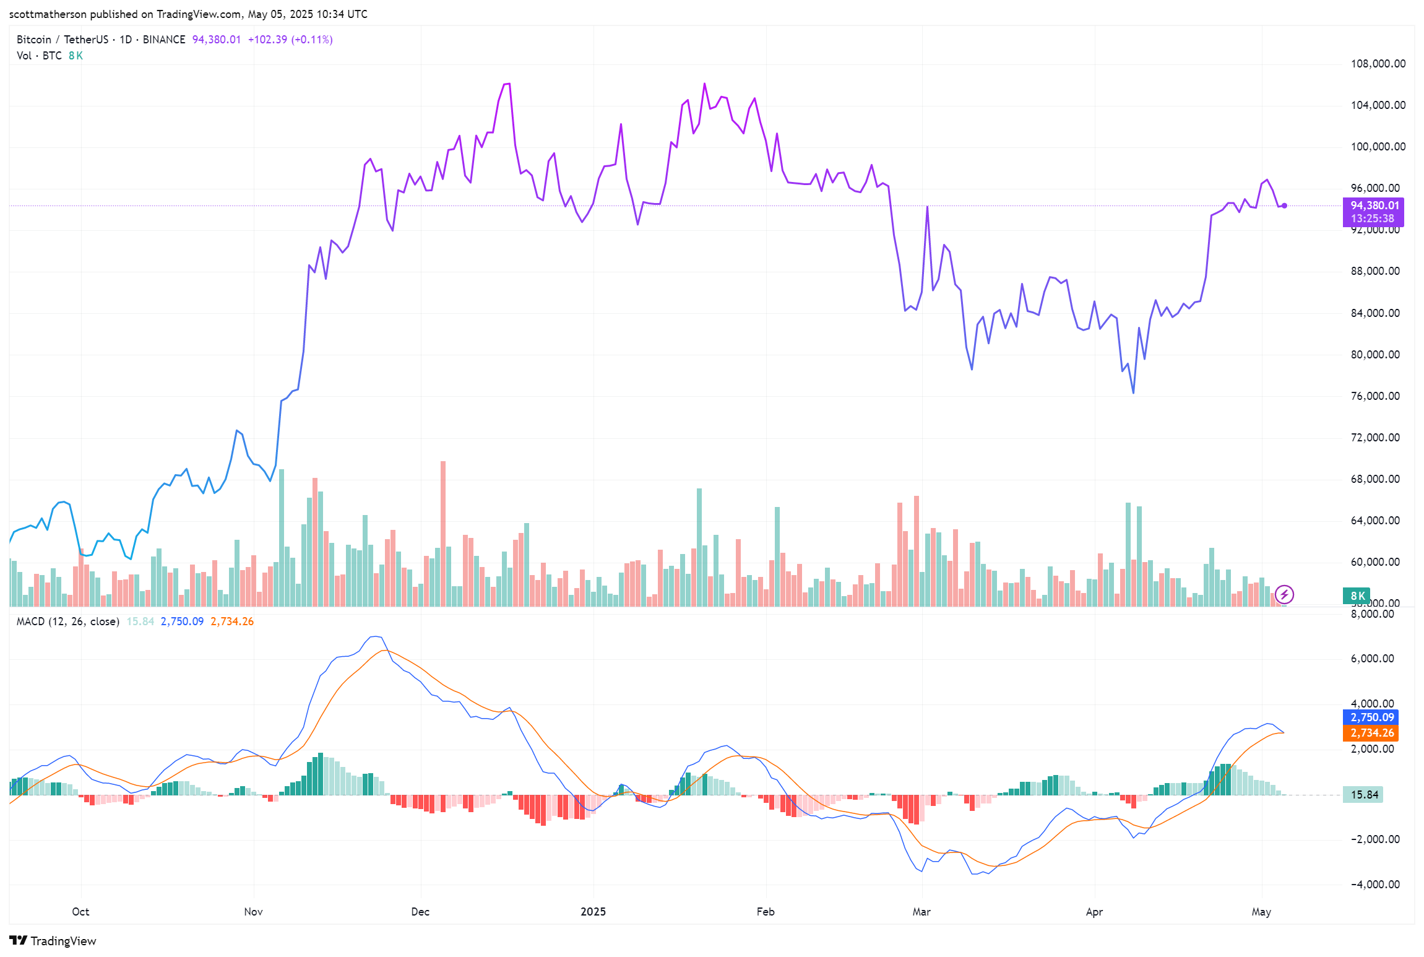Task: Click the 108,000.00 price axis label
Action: [x=1378, y=64]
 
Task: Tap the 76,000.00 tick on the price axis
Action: [x=1374, y=396]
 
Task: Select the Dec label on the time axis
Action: [x=420, y=912]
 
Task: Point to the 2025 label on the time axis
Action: [x=593, y=912]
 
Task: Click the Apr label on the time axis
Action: [x=1094, y=912]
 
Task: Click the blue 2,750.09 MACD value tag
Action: [x=1371, y=717]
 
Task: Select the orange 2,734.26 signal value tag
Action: [x=1371, y=733]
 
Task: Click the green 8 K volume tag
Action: [x=1357, y=596]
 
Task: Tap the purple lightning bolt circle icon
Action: [x=1284, y=595]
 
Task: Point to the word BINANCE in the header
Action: [x=164, y=40]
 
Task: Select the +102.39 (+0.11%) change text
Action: [x=290, y=40]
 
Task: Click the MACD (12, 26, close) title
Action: [x=67, y=621]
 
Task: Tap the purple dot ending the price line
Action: [x=1285, y=206]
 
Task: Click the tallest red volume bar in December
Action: [x=443, y=532]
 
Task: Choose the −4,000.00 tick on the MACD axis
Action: [x=1374, y=885]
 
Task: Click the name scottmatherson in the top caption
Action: [x=48, y=14]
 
